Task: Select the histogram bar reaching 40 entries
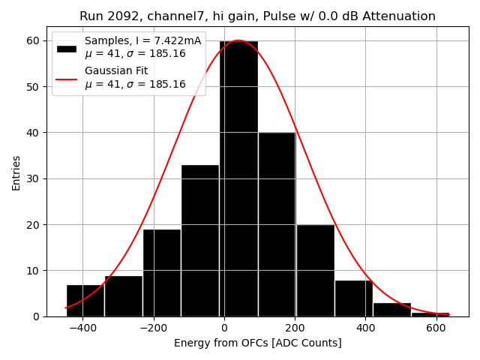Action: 277,224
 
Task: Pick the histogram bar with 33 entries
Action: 200,240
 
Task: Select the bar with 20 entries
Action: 315,270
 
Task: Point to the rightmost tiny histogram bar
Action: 430,314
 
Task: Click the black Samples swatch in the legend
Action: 67,48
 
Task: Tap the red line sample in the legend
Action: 67,78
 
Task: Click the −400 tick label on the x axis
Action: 82,328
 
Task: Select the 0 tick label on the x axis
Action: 224,328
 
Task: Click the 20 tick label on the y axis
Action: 34,224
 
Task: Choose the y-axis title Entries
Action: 16,172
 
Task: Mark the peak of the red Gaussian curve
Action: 238,40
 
